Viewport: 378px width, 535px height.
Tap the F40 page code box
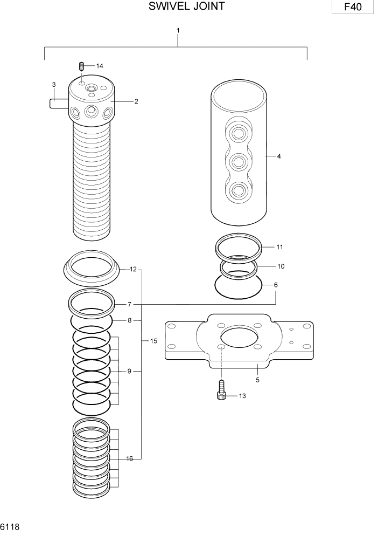click(x=353, y=8)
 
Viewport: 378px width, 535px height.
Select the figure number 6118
click(x=10, y=526)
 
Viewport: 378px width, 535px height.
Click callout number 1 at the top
click(x=178, y=30)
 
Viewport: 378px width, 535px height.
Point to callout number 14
click(x=99, y=66)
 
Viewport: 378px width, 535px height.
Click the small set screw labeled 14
click(x=81, y=67)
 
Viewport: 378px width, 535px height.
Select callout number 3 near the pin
click(x=54, y=85)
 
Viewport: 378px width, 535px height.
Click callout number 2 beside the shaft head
click(x=137, y=101)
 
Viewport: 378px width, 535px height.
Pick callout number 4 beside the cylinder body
click(x=278, y=156)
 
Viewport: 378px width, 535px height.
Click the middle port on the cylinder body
click(x=238, y=161)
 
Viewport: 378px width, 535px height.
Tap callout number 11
click(x=279, y=247)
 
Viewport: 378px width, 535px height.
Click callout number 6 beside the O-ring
click(x=276, y=285)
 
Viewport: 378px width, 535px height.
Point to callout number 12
click(x=133, y=269)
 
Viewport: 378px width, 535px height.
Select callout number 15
click(x=153, y=341)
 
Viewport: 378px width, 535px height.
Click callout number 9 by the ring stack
click(x=130, y=372)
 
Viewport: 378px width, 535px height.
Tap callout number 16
click(x=130, y=458)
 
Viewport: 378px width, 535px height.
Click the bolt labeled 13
click(x=221, y=391)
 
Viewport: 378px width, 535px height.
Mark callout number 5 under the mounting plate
click(x=257, y=380)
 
